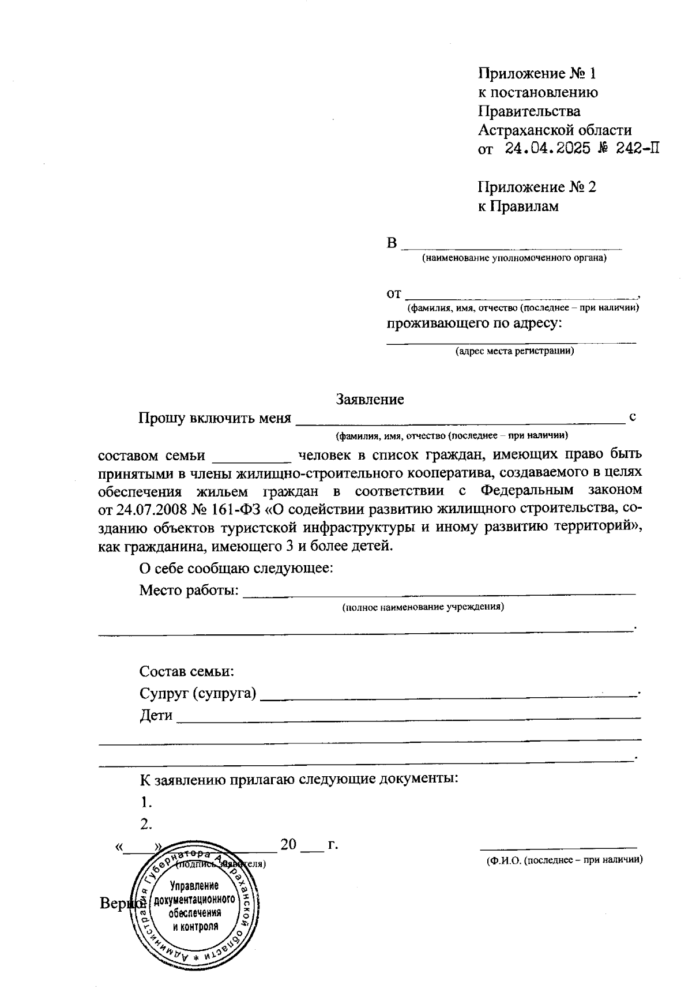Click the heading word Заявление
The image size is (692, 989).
pyautogui.click(x=370, y=399)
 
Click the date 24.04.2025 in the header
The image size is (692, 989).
pyautogui.click(x=548, y=148)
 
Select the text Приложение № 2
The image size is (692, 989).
pyautogui.click(x=536, y=187)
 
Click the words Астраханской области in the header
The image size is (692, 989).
pyautogui.click(x=554, y=130)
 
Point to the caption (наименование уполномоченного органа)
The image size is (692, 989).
pyautogui.click(x=514, y=258)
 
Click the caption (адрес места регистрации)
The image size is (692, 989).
pyautogui.click(x=514, y=351)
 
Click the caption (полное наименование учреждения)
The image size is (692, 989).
pyautogui.click(x=423, y=607)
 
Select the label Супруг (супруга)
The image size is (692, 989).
pyautogui.click(x=198, y=693)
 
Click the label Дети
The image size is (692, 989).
pyautogui.click(x=156, y=716)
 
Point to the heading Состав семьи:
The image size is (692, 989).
pyautogui.click(x=186, y=671)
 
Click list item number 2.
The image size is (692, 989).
pyautogui.click(x=146, y=823)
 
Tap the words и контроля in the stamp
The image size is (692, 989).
pyautogui.click(x=195, y=926)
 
